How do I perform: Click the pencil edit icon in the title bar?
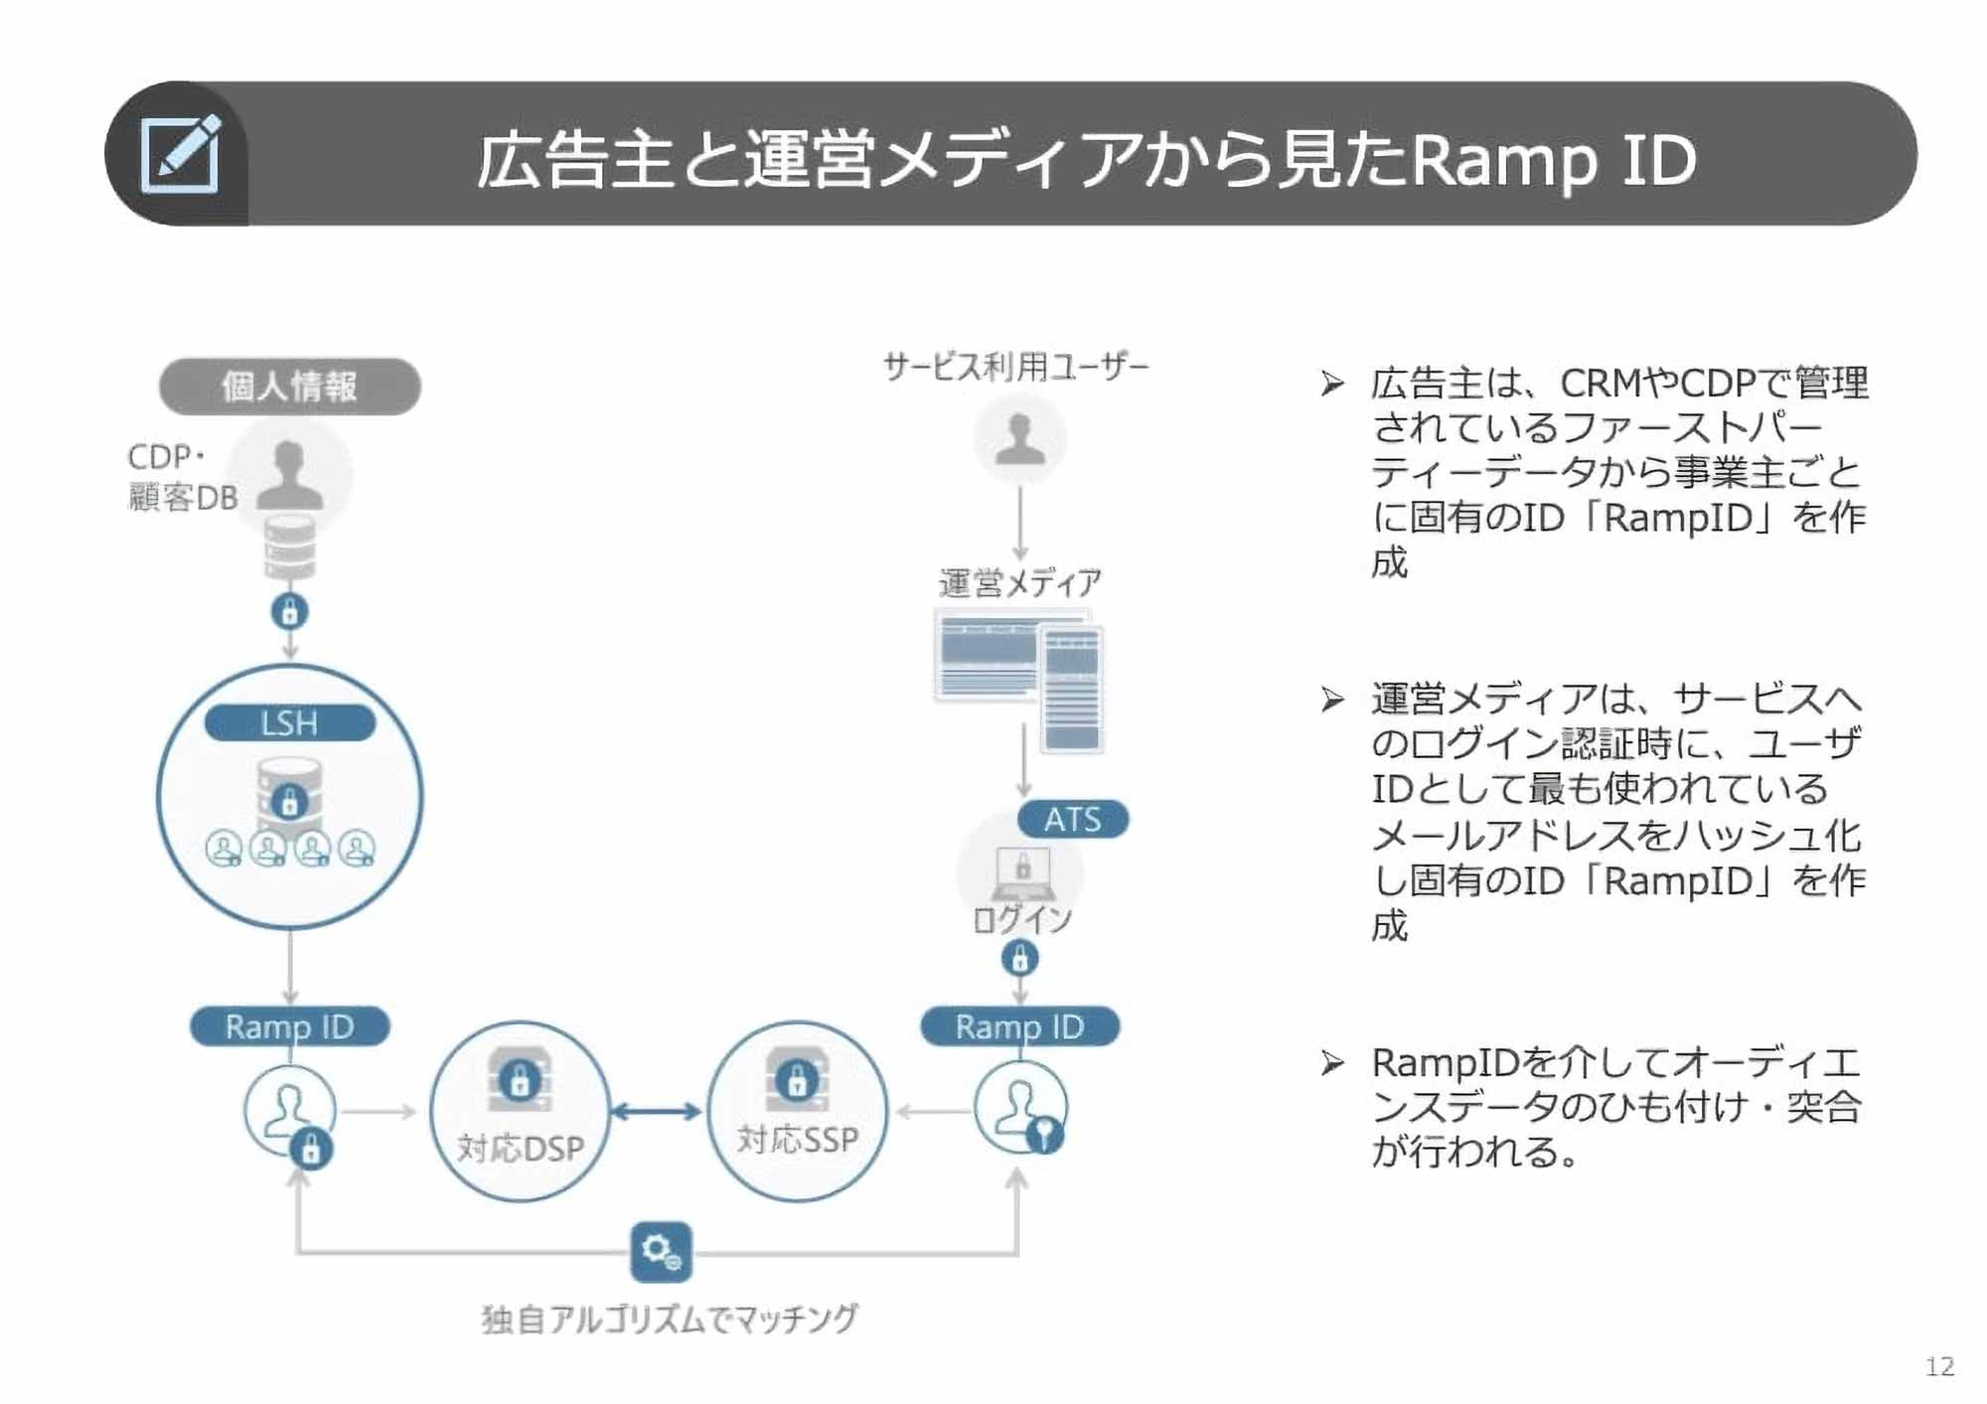pos(180,154)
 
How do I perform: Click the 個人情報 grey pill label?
pos(289,387)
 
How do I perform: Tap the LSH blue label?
pos(289,722)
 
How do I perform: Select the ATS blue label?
pos(1072,819)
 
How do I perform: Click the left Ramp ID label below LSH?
pos(289,1026)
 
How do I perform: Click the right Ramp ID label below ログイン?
pos(1019,1026)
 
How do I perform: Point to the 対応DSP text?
pos(520,1149)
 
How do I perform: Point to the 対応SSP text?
pos(797,1139)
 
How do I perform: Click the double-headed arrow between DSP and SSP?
pos(656,1112)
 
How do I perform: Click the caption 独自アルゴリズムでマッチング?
pos(670,1319)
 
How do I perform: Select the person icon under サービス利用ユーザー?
pos(1019,438)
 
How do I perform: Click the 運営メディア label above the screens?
pos(1019,582)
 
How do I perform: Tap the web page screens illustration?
pos(1019,680)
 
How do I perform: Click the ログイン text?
pos(1021,919)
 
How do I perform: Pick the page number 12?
pos(1938,1366)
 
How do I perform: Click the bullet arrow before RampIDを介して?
pos(1332,1063)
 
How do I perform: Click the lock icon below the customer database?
pos(289,611)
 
